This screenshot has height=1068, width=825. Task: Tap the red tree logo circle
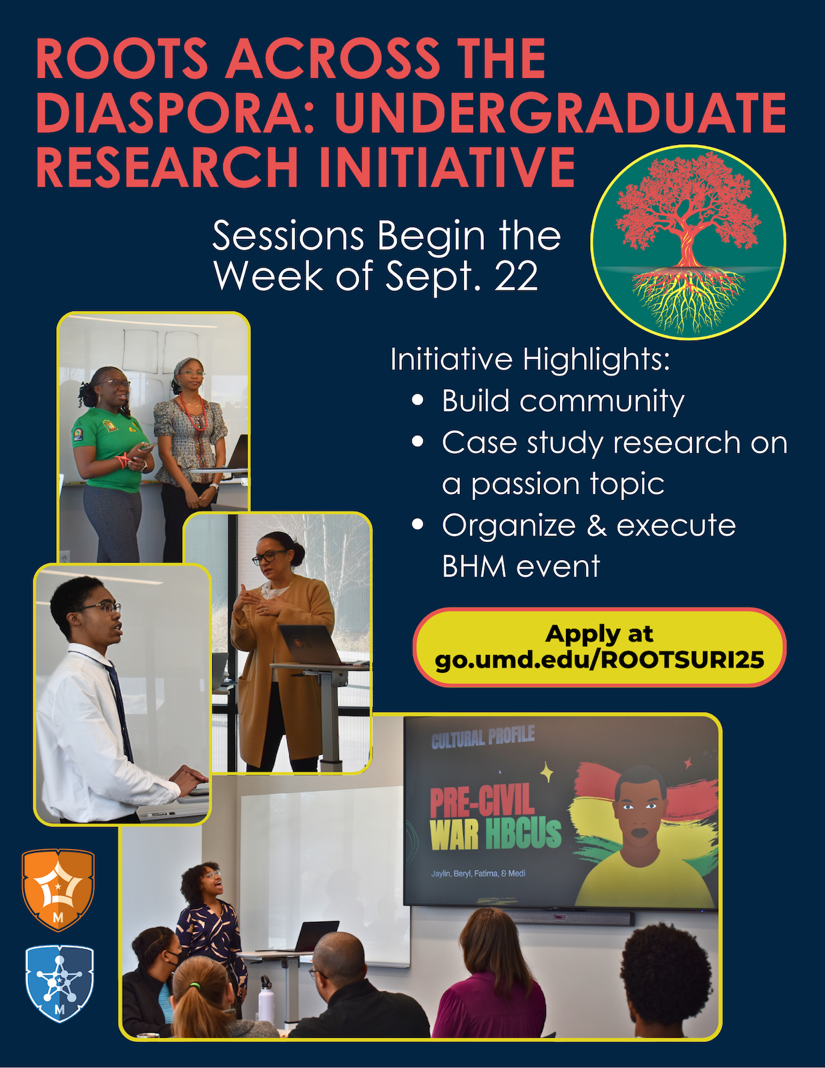[688, 242]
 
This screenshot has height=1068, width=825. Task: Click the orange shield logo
[59, 889]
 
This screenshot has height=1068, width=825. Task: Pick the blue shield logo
[59, 984]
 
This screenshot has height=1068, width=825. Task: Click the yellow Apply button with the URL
[599, 647]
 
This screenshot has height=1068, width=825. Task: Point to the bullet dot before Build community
[418, 400]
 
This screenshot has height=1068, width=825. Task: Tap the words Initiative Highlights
[530, 360]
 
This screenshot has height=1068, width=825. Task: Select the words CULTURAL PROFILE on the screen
[483, 737]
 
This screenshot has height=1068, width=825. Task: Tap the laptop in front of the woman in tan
[310, 644]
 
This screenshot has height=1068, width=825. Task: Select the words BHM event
[521, 566]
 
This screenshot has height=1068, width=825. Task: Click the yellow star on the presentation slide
[547, 772]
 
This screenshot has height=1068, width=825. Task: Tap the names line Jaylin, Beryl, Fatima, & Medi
[478, 873]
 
